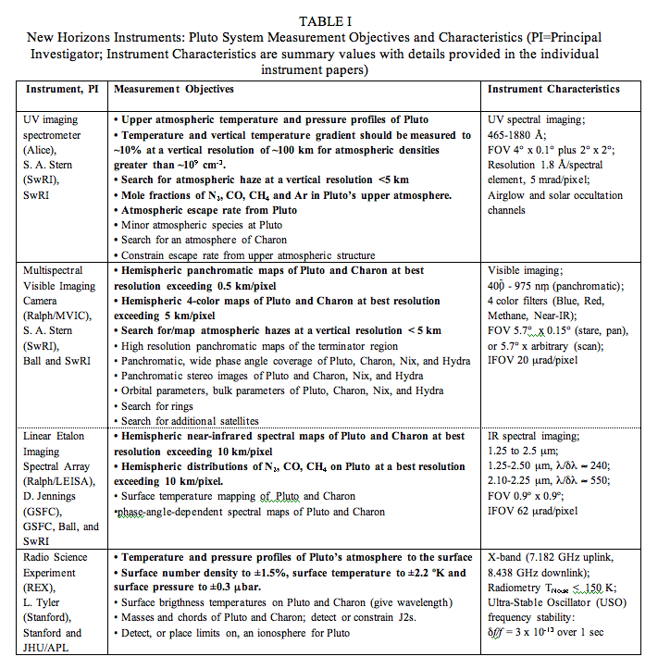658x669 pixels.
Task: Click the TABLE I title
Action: click(x=329, y=20)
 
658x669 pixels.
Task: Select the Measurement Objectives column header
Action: click(x=173, y=89)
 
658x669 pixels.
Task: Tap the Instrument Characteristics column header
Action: click(x=553, y=89)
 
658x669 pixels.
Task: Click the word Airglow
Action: click(x=511, y=195)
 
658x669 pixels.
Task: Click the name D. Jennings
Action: click(x=53, y=497)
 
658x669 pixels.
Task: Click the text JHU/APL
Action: click(x=51, y=648)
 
